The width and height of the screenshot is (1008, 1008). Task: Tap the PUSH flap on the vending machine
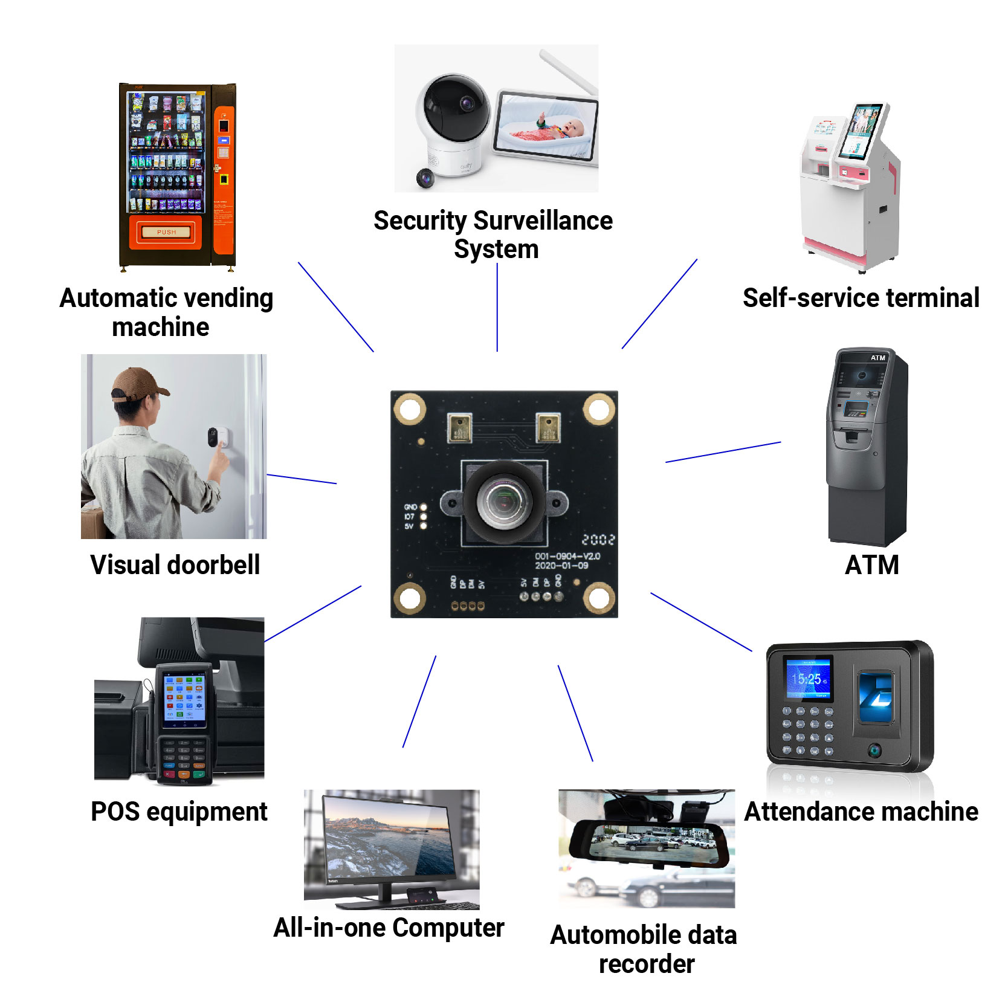coord(166,232)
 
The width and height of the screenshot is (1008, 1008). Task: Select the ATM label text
coord(871,566)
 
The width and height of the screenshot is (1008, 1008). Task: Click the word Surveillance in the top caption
coord(543,221)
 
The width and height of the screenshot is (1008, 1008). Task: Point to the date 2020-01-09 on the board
coord(561,566)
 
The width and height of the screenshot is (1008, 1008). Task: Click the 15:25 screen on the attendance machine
coord(807,679)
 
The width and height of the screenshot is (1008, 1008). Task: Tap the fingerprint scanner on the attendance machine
coord(876,698)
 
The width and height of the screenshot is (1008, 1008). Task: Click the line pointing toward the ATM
coord(723,452)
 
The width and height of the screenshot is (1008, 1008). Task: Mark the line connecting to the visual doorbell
coord(302,479)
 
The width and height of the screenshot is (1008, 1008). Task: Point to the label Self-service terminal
coord(861,298)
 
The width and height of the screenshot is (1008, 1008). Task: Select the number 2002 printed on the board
coord(598,540)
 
